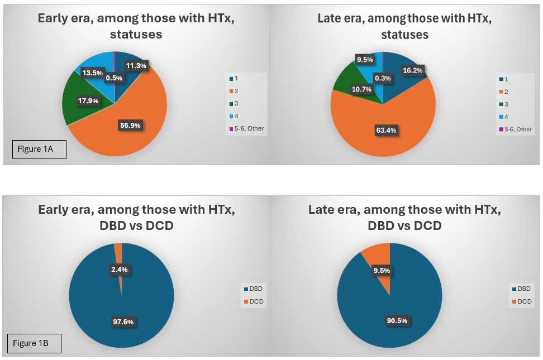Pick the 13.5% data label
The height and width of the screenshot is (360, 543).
[x=93, y=73]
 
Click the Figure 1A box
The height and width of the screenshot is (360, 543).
[x=39, y=150]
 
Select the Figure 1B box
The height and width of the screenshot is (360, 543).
[x=35, y=343]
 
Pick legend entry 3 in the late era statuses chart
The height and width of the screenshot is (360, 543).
[x=506, y=104]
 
